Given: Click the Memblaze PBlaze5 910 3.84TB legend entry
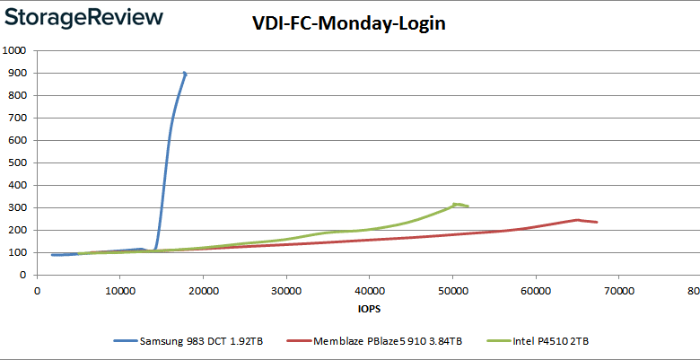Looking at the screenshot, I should click(389, 341).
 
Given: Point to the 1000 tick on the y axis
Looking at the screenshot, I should click(15, 50).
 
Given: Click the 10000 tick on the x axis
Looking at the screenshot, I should click(119, 290).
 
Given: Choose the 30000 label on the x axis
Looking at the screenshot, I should click(285, 290).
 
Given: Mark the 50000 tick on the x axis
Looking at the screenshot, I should click(452, 290).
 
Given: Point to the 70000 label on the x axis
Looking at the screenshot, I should click(618, 290).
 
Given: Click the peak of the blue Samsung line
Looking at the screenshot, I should click(184, 73).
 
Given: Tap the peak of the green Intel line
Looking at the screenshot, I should click(455, 204).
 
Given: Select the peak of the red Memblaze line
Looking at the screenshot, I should click(578, 219).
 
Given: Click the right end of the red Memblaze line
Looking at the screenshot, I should click(597, 222).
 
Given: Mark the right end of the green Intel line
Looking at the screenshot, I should click(468, 206).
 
